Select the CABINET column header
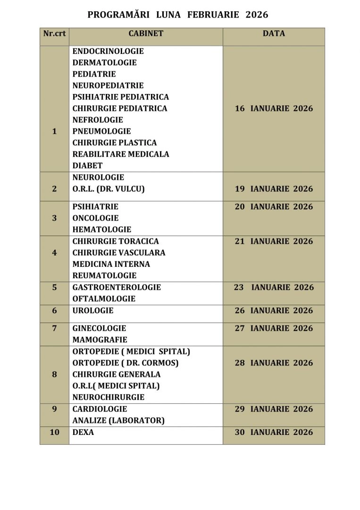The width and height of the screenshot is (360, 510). click(146, 34)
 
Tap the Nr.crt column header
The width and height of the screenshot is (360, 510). click(54, 34)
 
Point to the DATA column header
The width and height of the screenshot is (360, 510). click(274, 34)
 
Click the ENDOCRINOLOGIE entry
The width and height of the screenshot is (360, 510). click(108, 51)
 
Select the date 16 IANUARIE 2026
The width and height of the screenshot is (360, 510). click(274, 109)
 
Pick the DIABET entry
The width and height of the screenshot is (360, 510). click(87, 166)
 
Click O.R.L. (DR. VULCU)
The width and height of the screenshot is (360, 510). click(109, 189)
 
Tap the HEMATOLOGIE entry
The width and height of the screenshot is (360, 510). click(102, 229)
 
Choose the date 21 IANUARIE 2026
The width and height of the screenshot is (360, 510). click(274, 241)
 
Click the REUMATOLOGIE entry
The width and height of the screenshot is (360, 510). click(104, 276)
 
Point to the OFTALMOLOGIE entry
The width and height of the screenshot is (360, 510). click(104, 299)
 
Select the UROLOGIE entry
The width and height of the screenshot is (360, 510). click(93, 311)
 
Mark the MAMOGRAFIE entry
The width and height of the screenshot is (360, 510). click(100, 340)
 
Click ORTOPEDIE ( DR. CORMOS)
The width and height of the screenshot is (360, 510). click(126, 363)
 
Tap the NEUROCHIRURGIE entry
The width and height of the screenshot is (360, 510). click(109, 398)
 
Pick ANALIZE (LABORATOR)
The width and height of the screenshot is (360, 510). click(118, 421)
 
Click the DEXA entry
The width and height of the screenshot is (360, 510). click(83, 432)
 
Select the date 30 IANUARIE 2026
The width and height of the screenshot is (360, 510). click(274, 433)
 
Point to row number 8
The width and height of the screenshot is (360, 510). click(54, 374)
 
